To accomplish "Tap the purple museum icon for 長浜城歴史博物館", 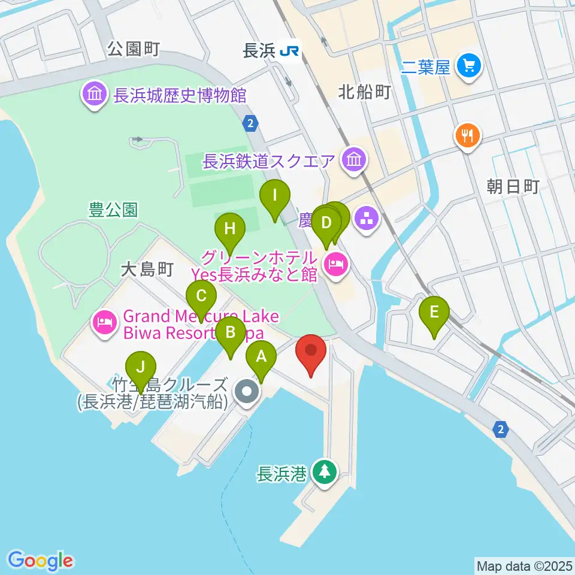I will click(x=95, y=95).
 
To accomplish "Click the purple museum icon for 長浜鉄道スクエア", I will click(x=353, y=160).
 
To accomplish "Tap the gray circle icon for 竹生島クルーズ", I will click(x=246, y=393).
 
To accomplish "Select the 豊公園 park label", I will click(x=113, y=210).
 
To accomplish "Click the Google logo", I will click(x=41, y=561).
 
